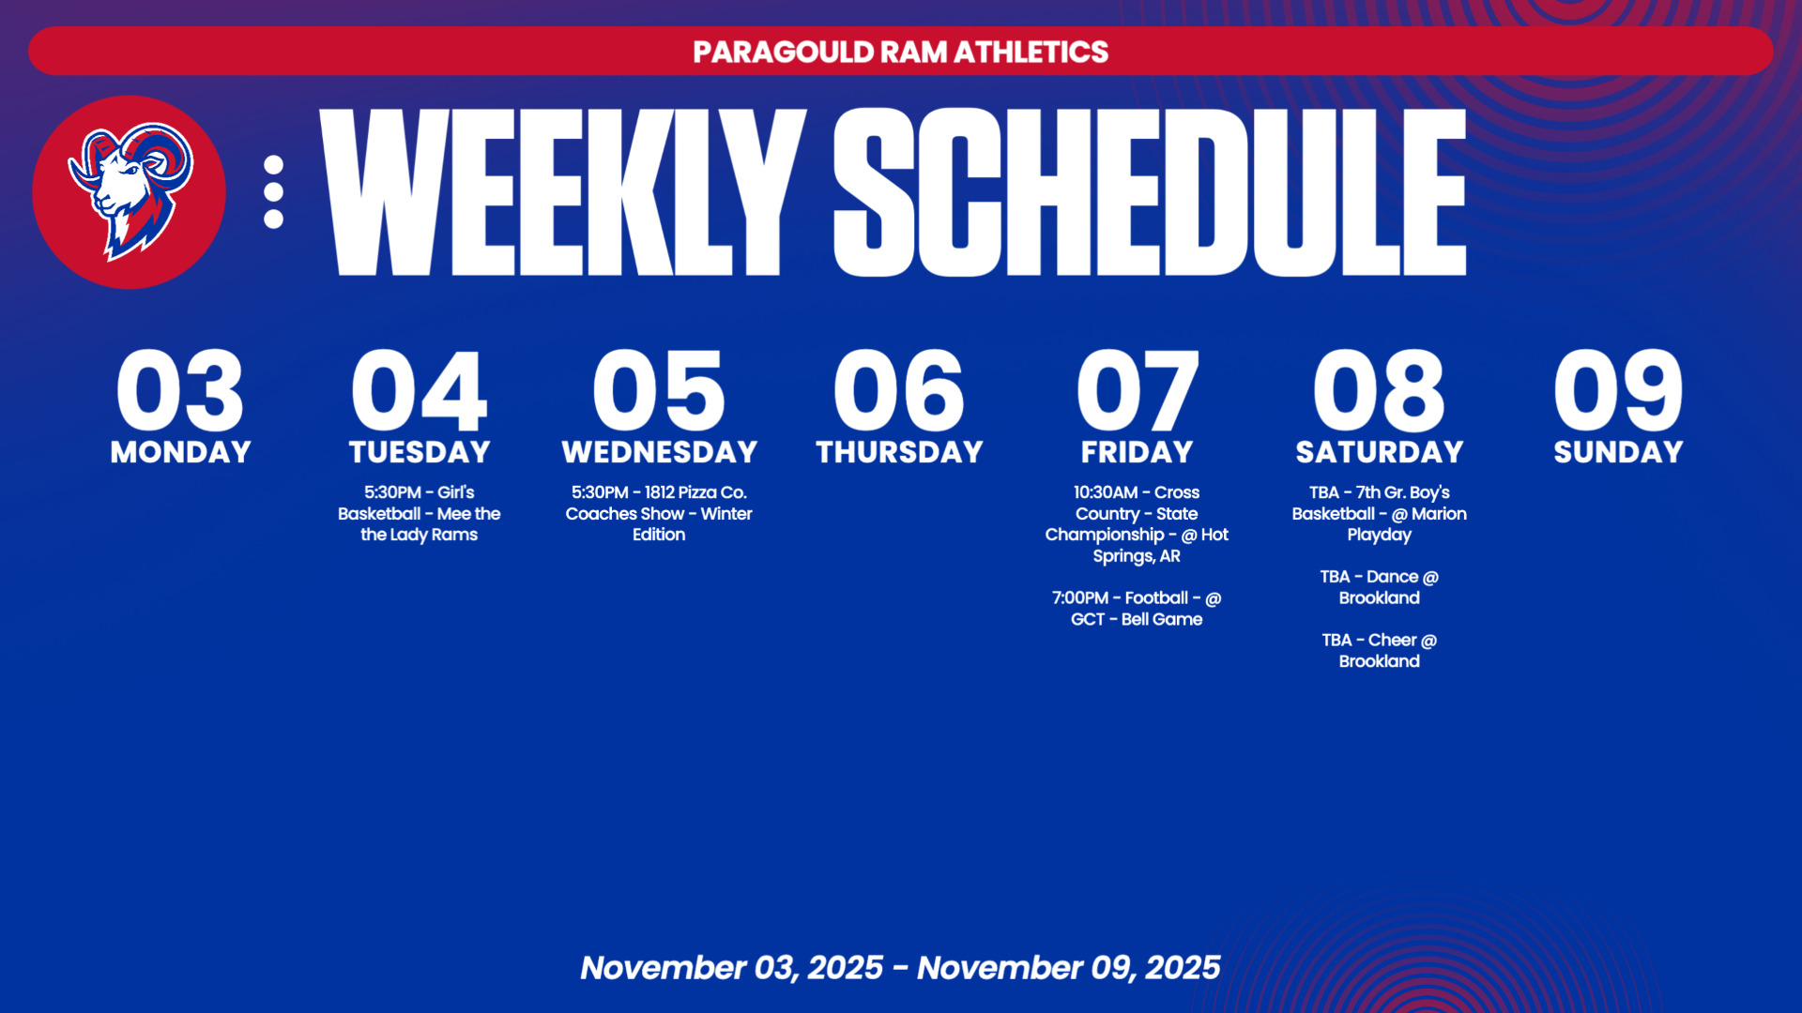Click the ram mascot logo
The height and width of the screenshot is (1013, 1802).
point(130,191)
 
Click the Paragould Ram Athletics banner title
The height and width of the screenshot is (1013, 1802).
point(901,52)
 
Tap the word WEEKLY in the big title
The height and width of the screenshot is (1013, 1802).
point(563,192)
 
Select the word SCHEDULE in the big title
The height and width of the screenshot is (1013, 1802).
point(1150,192)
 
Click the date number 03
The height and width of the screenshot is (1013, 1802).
point(180,389)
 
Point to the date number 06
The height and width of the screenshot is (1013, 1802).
point(899,389)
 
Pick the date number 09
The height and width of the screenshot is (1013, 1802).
point(1618,389)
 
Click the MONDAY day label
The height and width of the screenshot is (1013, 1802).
point(181,452)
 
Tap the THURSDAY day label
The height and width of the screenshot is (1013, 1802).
point(899,452)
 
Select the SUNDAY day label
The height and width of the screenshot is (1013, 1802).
point(1618,452)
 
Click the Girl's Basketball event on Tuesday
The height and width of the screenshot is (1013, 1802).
point(420,513)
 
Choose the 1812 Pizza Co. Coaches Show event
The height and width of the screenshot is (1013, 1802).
point(659,513)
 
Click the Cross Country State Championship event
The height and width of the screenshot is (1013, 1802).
point(1137,523)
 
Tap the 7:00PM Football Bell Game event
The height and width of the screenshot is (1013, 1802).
point(1137,608)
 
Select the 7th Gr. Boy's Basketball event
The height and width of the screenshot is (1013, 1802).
point(1379,513)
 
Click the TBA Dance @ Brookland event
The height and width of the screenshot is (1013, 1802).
point(1379,587)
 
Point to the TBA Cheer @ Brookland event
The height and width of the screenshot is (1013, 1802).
point(1379,650)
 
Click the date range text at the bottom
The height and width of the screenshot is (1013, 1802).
point(900,967)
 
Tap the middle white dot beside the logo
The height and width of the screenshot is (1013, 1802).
point(273,191)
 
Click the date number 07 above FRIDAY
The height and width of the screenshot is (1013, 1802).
point(1138,389)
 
